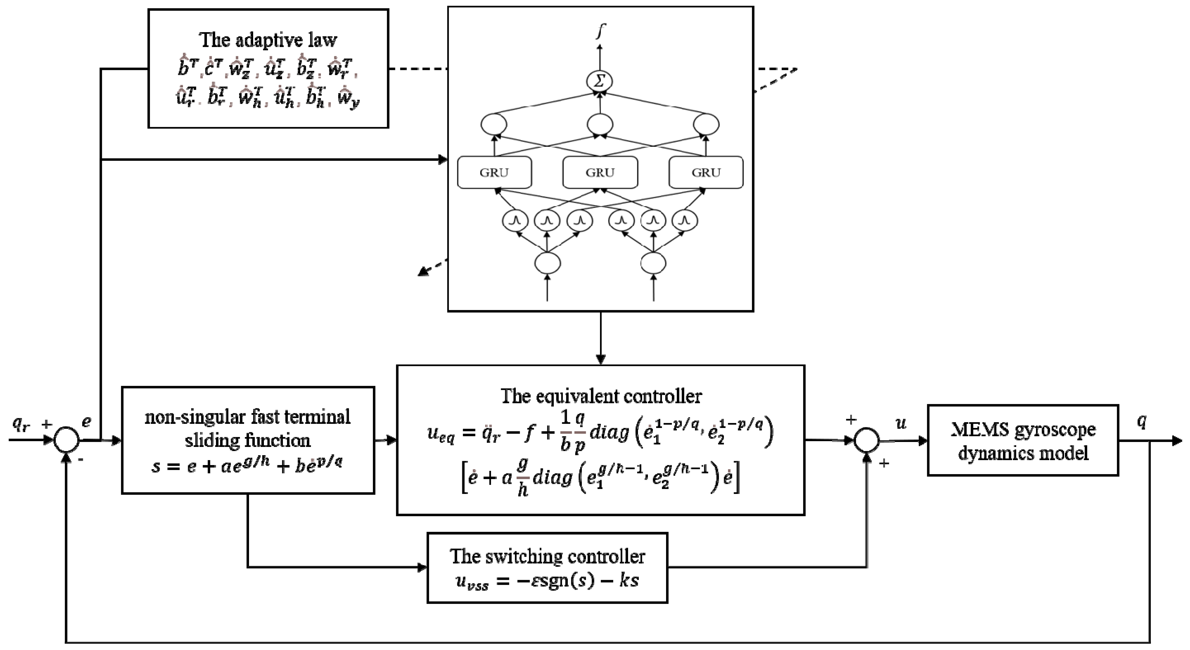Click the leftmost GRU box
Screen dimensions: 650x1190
pyautogui.click(x=494, y=173)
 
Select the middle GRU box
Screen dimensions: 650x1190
pyautogui.click(x=600, y=173)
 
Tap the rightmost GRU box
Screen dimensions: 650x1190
pyautogui.click(x=706, y=173)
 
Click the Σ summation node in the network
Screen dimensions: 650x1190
pyautogui.click(x=600, y=81)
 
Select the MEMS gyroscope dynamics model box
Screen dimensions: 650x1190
pyautogui.click(x=1023, y=440)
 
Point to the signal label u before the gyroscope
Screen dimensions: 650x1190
pyautogui.click(x=900, y=423)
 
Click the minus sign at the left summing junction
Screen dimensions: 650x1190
pyautogui.click(x=81, y=460)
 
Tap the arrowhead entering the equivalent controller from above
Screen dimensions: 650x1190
pyautogui.click(x=601, y=359)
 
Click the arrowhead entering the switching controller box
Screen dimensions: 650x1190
pyautogui.click(x=422, y=567)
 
